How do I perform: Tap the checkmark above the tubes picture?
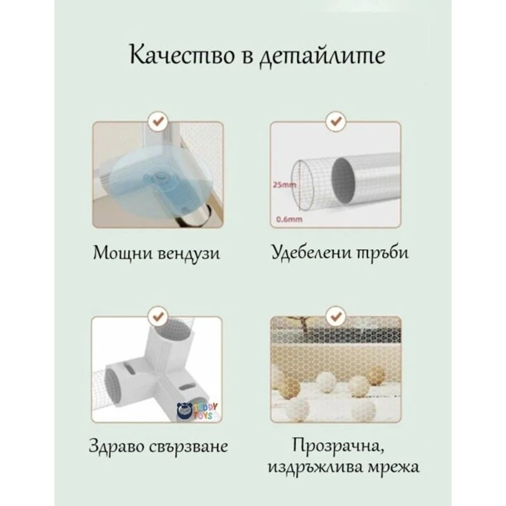tap(333, 119)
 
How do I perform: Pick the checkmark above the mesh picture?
tap(333, 313)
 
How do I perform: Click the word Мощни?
tap(118, 254)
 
